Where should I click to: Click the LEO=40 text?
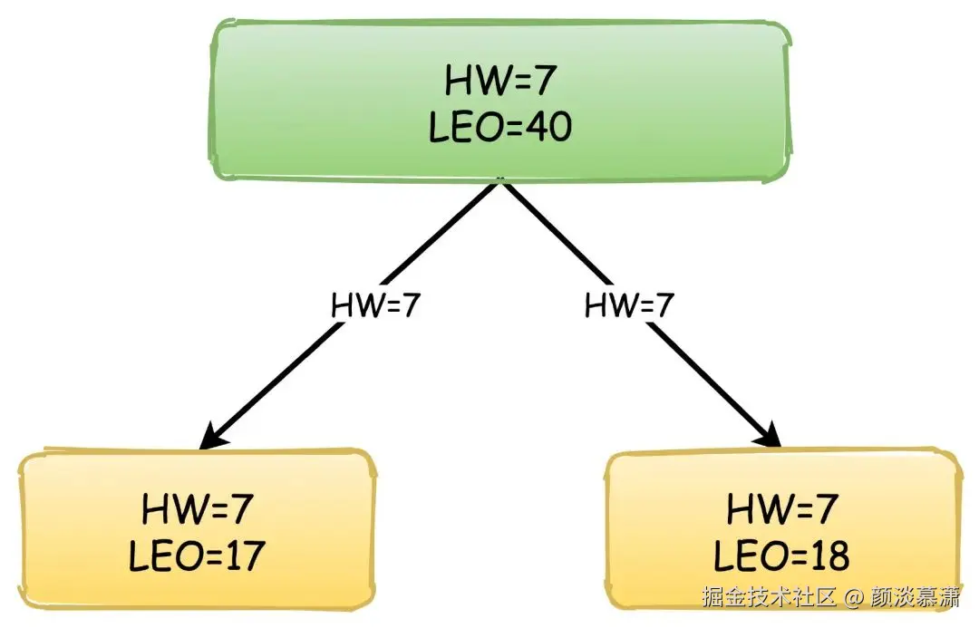click(499, 128)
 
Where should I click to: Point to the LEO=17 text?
click(196, 555)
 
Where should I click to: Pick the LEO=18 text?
click(781, 555)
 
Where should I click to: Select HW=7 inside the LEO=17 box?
click(196, 509)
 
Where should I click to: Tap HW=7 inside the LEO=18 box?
click(781, 509)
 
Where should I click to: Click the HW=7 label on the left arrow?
click(375, 305)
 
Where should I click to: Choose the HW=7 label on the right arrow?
click(628, 305)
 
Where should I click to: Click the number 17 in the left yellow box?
click(242, 555)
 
